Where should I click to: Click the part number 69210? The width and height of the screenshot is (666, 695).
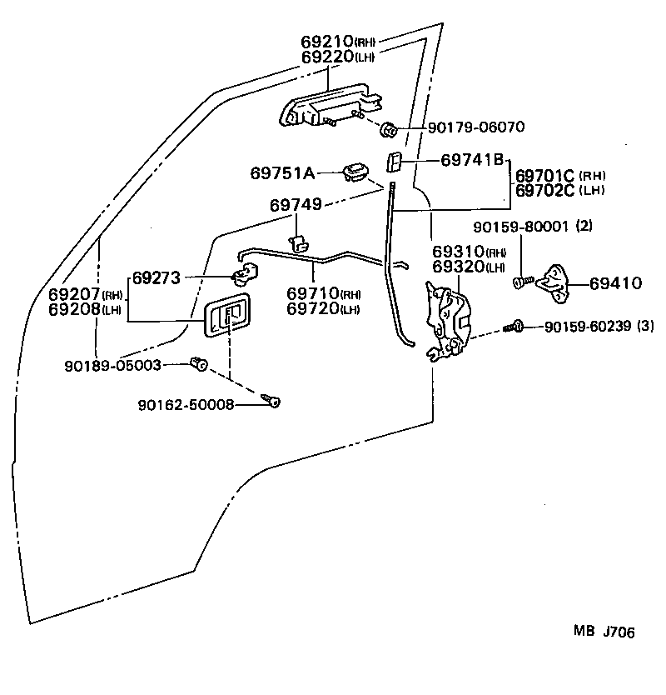328,42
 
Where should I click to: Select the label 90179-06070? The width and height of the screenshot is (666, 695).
475,128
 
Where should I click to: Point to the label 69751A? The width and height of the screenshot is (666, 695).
282,172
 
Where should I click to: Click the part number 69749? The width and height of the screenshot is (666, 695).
296,204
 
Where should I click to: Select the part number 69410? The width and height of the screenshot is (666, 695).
615,283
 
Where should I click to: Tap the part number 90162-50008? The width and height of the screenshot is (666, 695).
186,405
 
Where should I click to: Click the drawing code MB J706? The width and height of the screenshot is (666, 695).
603,632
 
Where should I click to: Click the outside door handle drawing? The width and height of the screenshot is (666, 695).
329,105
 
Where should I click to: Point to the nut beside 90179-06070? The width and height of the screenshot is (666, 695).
388,130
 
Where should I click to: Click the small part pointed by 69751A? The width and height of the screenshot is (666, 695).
356,172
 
